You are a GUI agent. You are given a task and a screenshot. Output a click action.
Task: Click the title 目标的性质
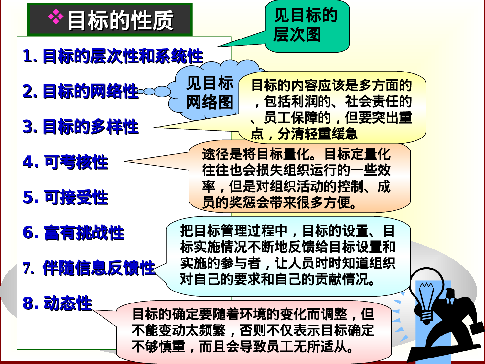coord(120,20)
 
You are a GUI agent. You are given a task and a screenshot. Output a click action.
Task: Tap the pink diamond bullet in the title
coord(56,17)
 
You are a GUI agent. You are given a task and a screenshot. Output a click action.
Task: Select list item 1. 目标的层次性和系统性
coord(113,56)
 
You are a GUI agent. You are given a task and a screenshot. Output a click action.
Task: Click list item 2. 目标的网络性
coord(81,91)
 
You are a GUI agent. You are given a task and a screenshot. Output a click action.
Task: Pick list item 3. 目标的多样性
coord(81,127)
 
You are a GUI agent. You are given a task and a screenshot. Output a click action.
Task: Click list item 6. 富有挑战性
coord(73,232)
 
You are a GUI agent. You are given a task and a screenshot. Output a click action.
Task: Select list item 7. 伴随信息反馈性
coord(89,268)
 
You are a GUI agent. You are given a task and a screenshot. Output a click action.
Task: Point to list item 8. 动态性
coord(57,303)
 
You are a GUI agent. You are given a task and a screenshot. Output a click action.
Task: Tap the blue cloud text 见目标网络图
coord(210,93)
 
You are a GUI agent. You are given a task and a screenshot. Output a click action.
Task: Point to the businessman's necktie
coord(450,303)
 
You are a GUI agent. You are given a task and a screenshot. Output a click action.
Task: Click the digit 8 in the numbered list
coord(28,303)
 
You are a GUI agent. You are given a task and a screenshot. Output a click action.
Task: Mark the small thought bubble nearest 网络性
coord(141,92)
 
